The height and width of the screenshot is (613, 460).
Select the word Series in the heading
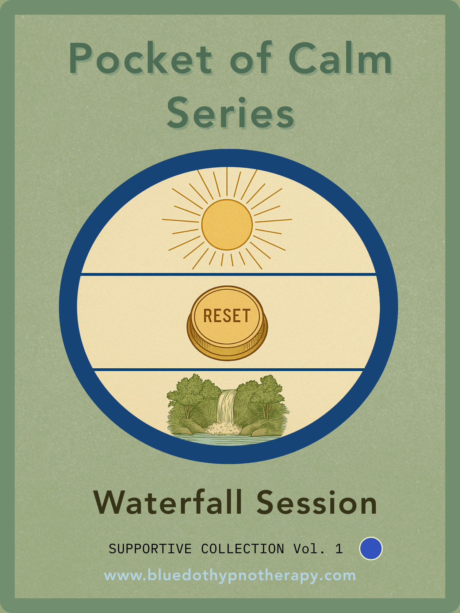[231, 112]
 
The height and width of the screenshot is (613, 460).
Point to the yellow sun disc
[227, 225]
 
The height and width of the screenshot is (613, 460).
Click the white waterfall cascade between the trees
[226, 406]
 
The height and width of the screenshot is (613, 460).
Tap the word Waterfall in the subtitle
[168, 503]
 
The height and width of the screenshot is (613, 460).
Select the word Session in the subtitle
[316, 503]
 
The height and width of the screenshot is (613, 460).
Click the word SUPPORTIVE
[150, 549]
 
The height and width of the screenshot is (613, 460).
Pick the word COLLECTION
[243, 549]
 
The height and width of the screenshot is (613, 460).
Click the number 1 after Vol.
[339, 549]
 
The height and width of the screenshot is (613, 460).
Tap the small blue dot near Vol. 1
[371, 548]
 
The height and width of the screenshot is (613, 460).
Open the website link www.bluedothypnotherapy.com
[230, 576]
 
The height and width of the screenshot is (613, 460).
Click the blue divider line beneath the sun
[228, 274]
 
